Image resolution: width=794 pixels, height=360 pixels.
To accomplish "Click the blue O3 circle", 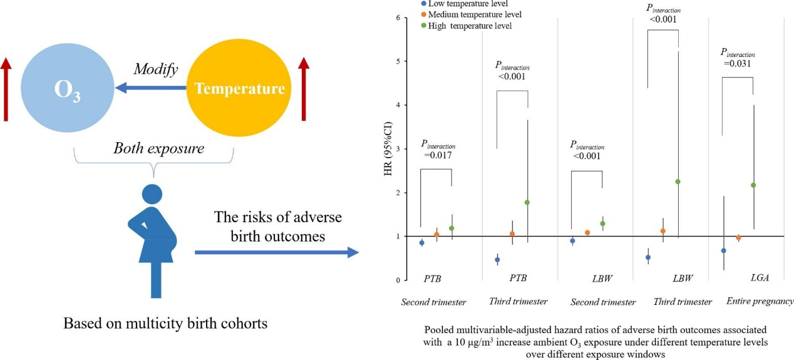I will coord(66,88).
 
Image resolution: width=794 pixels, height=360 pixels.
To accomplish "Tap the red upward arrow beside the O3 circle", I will coord(6,88).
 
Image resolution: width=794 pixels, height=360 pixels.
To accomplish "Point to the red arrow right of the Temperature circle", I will coord(304,88).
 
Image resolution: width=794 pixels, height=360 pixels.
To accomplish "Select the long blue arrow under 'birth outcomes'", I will coord(276,252).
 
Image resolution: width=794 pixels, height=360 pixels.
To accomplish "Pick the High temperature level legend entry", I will coord(470,26).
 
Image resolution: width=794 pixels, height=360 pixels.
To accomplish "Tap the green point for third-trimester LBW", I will coord(678,182).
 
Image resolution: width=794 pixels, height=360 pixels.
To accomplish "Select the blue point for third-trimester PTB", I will coord(497,259).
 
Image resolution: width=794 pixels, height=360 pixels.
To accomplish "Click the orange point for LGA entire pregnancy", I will coord(738,238).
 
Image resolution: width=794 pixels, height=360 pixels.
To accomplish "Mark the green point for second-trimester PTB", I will coord(451,229).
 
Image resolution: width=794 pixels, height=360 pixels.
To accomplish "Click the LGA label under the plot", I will coord(759,277).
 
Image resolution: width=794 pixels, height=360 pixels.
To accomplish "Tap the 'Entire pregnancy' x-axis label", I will coord(760,301).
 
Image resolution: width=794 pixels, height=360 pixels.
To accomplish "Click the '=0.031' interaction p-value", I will coord(737,63).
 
